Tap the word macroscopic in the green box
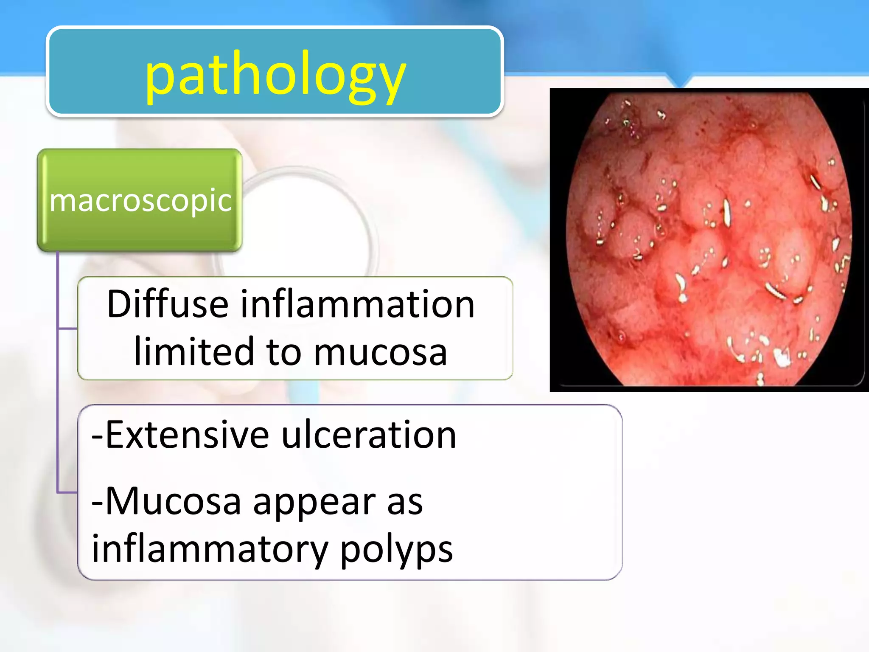point(140,200)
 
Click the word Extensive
point(187,435)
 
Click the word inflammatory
point(210,549)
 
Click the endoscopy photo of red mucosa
point(709,239)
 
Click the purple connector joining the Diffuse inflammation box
point(67,328)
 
